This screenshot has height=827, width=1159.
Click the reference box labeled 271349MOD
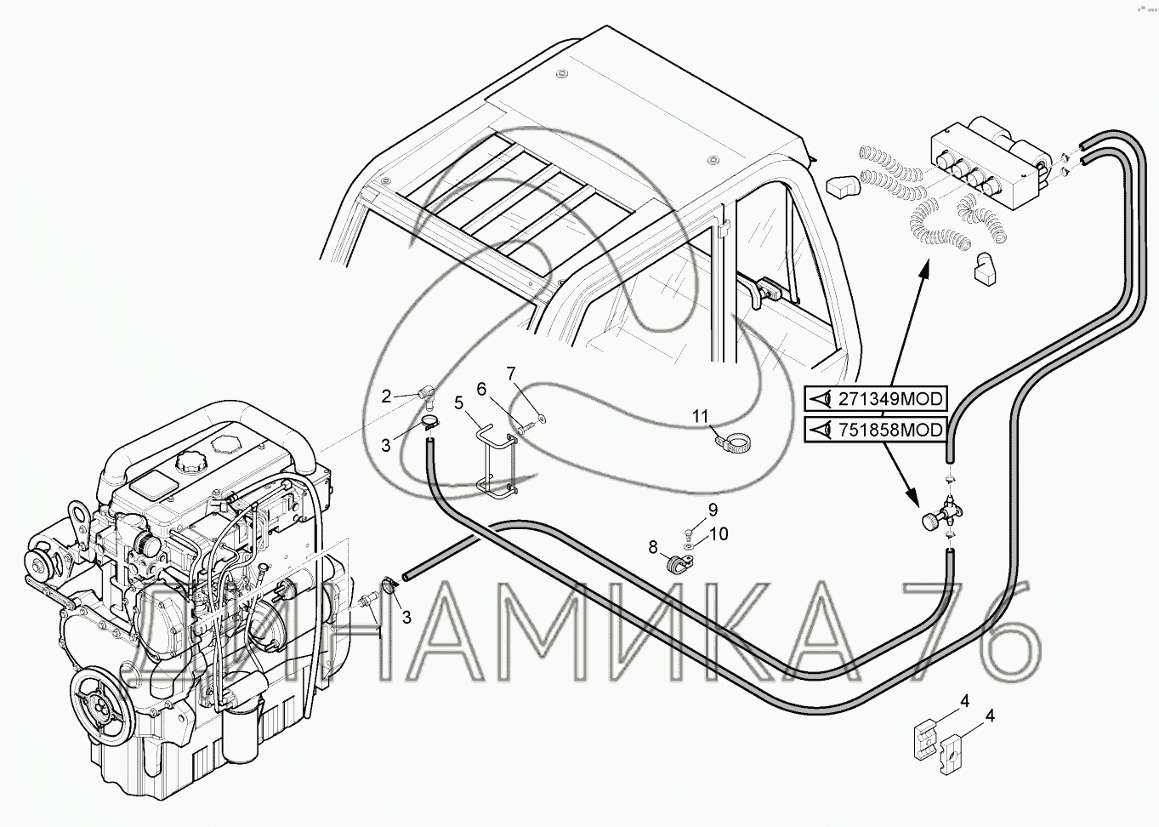877,397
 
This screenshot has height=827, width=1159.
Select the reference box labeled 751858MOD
877,430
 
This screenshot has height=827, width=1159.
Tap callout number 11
699,416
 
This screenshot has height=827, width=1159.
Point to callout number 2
386,396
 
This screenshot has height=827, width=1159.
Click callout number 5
458,402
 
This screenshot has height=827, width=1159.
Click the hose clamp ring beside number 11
734,443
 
